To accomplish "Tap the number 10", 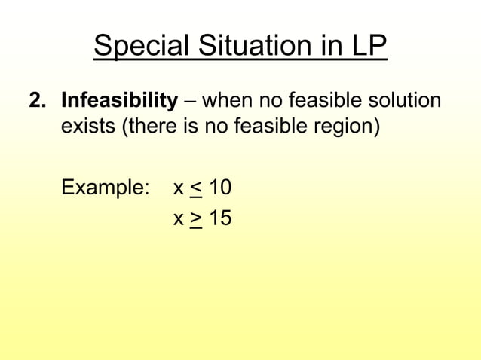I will (220, 187).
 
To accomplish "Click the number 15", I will (220, 218).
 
